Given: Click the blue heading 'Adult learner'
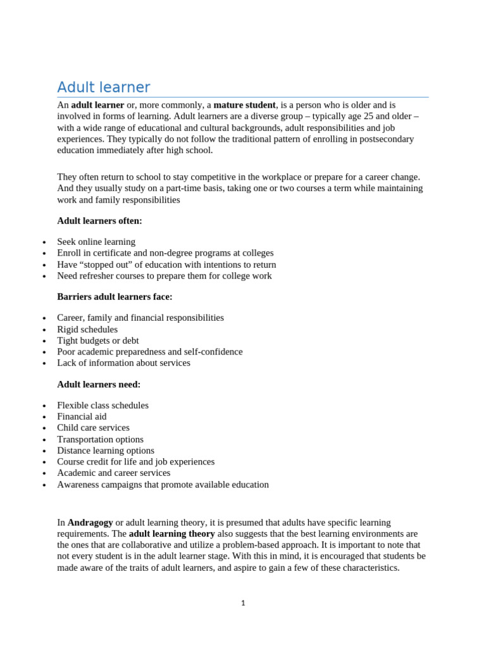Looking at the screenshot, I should [x=104, y=87].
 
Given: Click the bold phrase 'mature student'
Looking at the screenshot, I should [x=244, y=105].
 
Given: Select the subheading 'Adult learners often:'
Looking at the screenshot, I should [x=100, y=221].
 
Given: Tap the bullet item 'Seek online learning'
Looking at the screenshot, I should [x=96, y=242].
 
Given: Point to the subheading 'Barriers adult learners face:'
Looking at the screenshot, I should [x=115, y=297].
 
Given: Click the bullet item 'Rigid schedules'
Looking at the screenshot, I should [x=87, y=330].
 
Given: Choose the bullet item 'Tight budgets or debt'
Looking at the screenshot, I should [x=98, y=340].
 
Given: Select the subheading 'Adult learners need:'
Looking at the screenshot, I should [x=99, y=384].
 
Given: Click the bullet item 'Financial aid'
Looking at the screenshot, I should [x=82, y=416].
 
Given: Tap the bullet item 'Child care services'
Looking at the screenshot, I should [x=93, y=428].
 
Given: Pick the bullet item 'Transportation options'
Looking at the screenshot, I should [x=100, y=439].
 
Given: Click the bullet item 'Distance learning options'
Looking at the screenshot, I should [x=106, y=451].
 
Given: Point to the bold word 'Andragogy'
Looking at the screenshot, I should [x=90, y=523].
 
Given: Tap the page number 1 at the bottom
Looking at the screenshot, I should [x=243, y=603].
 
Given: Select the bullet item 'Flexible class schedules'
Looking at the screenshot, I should [x=103, y=405].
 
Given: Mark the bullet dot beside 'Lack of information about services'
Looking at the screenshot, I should [x=44, y=364].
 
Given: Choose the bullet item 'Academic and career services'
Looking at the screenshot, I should [x=113, y=473].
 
